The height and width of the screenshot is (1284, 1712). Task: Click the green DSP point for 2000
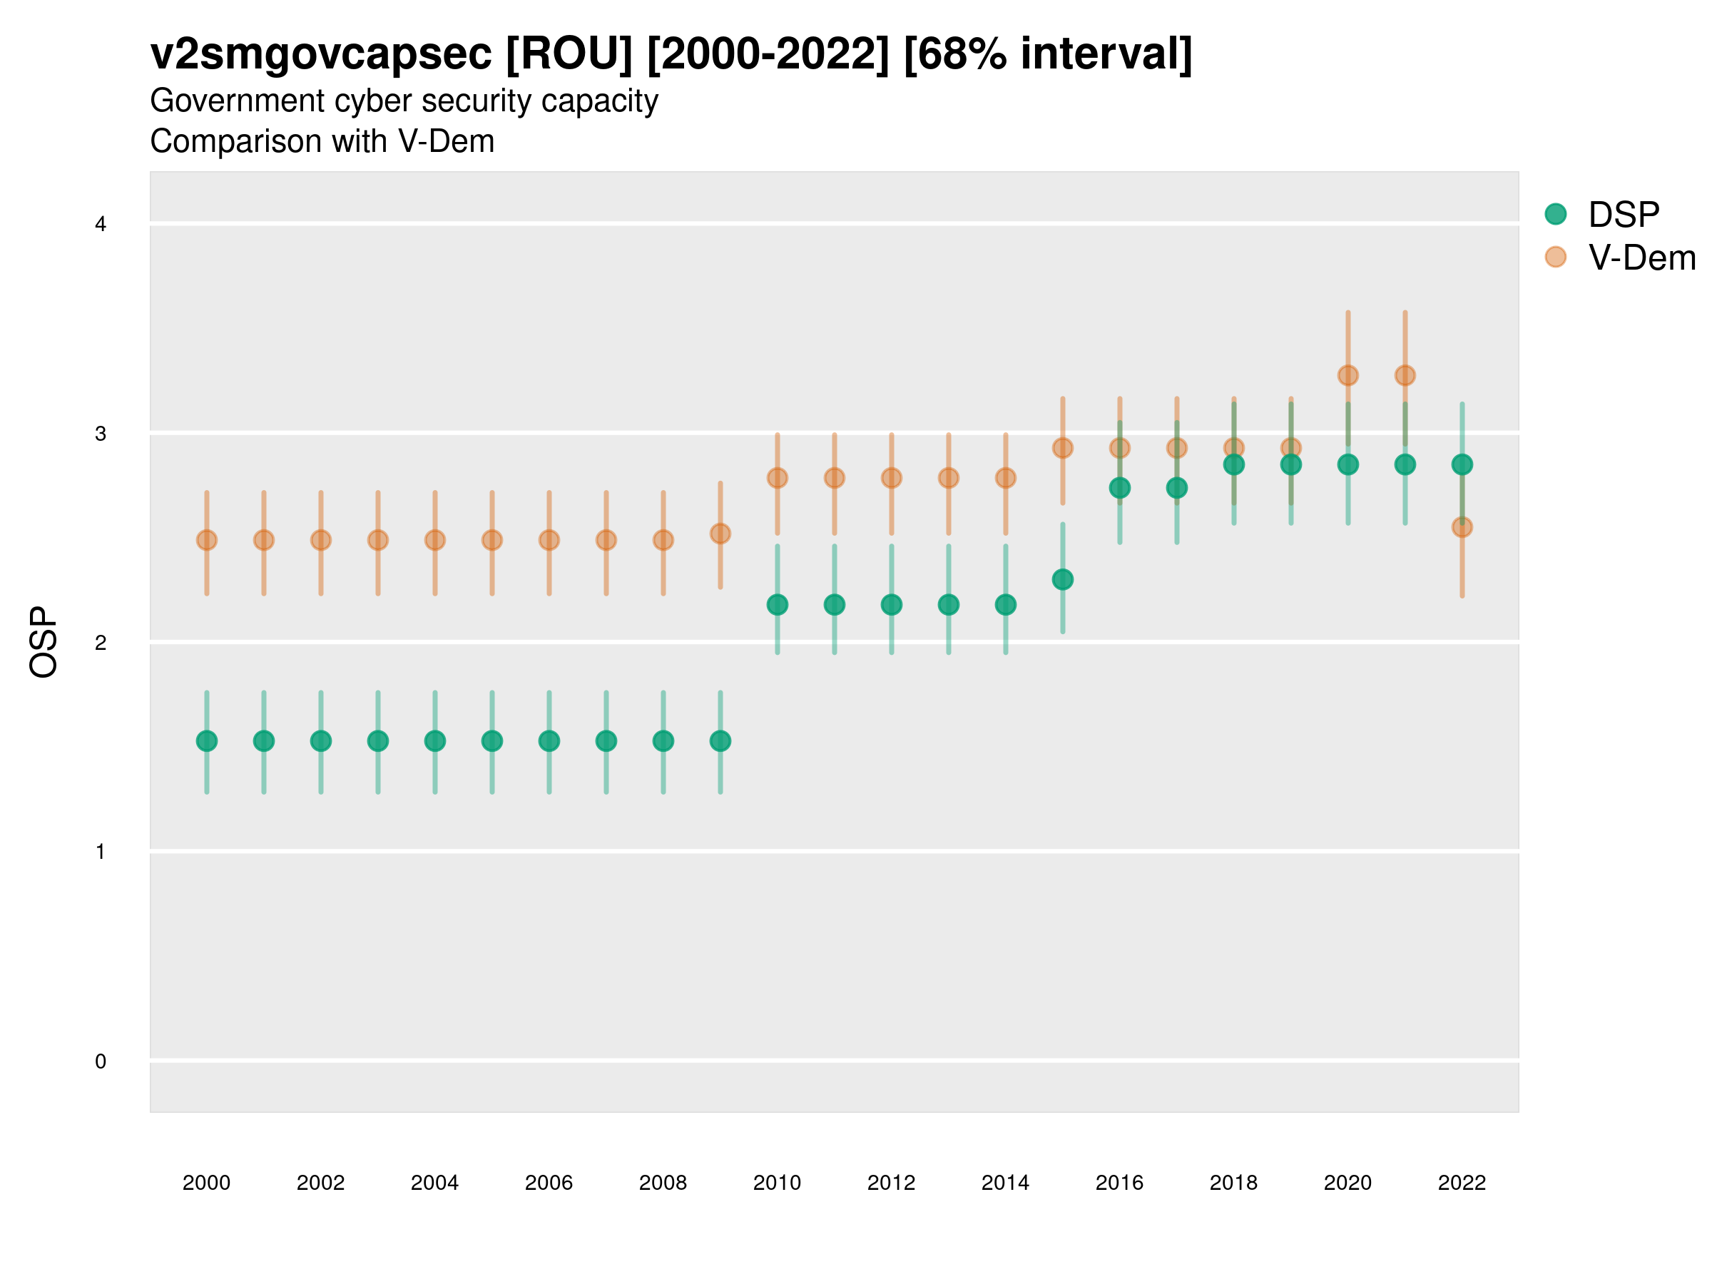tap(207, 740)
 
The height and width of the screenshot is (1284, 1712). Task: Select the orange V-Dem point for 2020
tap(1347, 375)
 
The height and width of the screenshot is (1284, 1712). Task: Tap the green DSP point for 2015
tap(1063, 579)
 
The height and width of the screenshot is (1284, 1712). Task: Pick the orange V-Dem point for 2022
tap(1462, 527)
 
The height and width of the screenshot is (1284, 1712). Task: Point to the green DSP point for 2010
tap(777, 604)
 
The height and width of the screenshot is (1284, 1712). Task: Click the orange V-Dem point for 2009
tap(720, 534)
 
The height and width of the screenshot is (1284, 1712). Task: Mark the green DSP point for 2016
tap(1119, 488)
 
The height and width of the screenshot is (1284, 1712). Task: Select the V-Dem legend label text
tap(1641, 258)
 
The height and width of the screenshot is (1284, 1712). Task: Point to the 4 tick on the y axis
tap(101, 225)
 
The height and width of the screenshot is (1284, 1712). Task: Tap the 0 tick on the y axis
tap(101, 1061)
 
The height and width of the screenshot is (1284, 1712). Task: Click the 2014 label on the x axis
tap(1005, 1183)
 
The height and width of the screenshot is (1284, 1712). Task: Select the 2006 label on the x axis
tap(549, 1183)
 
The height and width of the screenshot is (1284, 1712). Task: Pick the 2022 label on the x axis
tap(1462, 1183)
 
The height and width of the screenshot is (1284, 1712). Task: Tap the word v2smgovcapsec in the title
tap(320, 54)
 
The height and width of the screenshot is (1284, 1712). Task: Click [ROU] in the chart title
tap(569, 54)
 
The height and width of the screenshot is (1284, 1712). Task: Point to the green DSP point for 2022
tap(1462, 464)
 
